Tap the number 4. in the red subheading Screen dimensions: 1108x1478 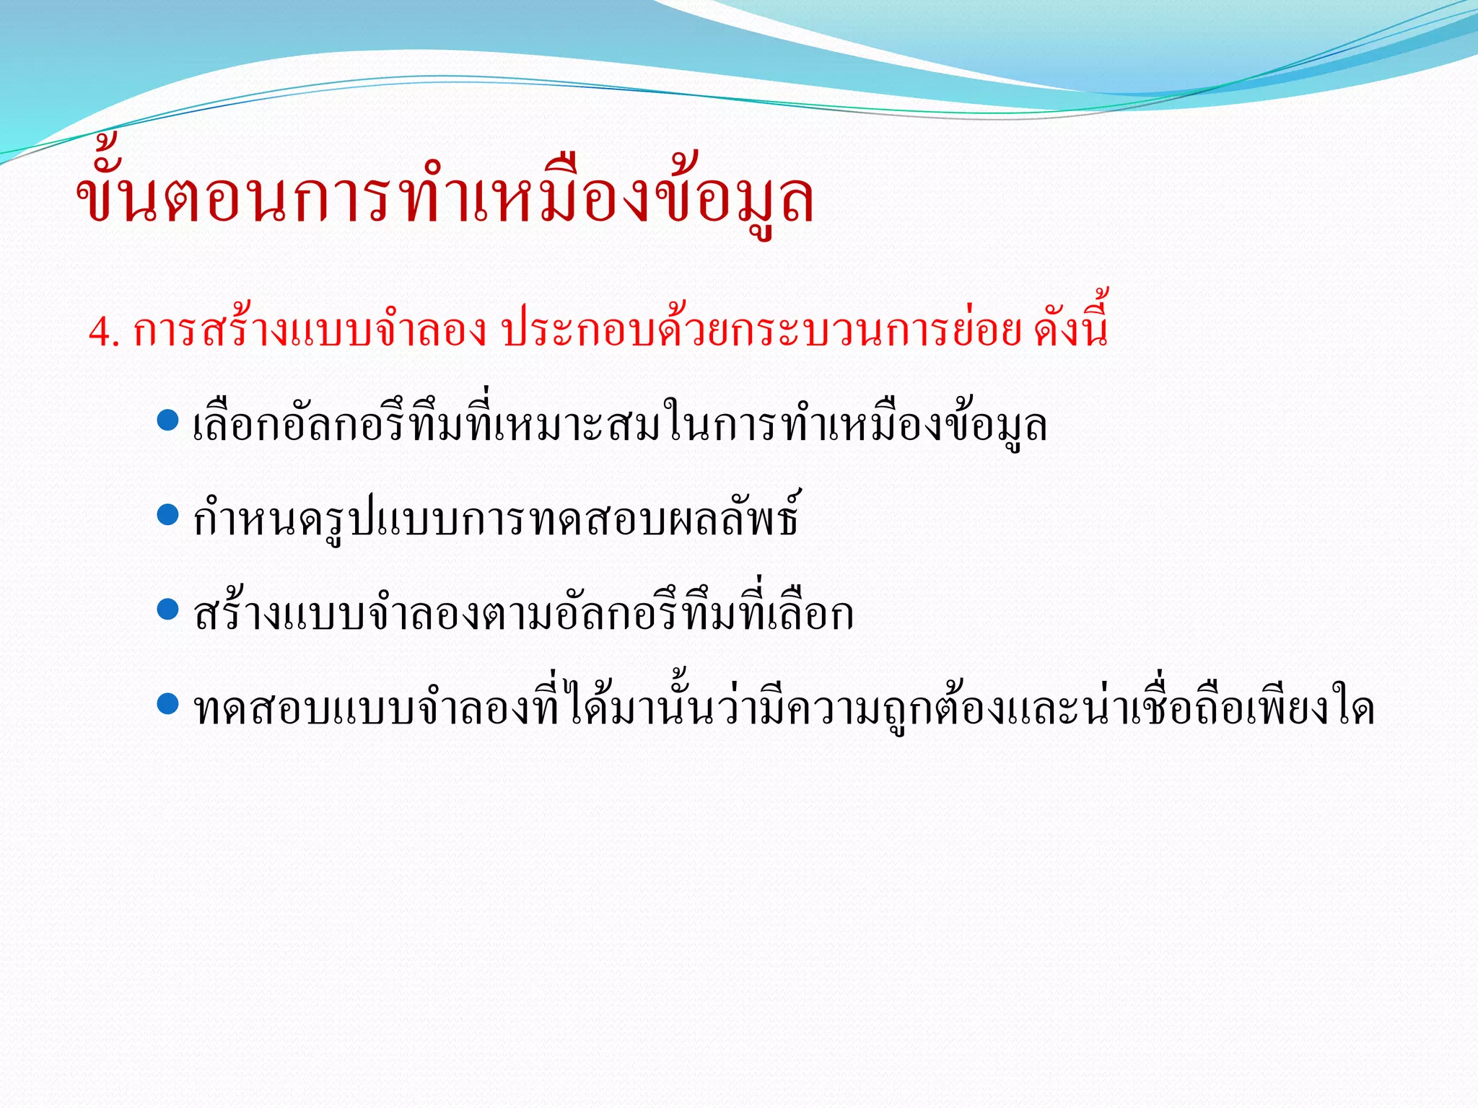pos(103,333)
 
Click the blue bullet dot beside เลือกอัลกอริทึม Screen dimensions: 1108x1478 pos(167,421)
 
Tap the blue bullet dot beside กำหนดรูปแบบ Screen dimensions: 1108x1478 pos(167,515)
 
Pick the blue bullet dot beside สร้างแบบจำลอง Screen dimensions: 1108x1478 pos(167,610)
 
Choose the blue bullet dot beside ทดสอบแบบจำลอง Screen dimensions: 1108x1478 pos(167,704)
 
